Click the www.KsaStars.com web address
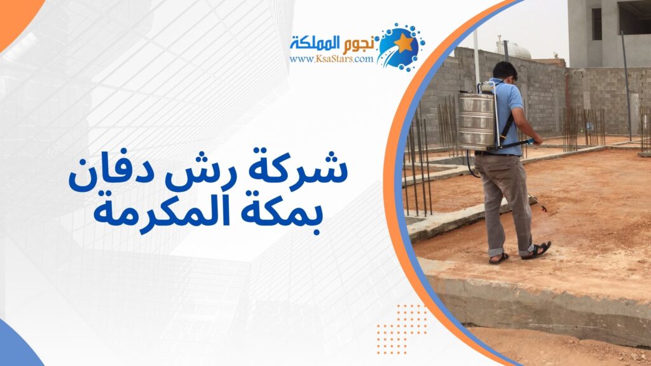pyautogui.click(x=331, y=58)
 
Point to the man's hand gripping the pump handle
pyautogui.click(x=537, y=140)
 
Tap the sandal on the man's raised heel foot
pyautogui.click(x=537, y=250)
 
